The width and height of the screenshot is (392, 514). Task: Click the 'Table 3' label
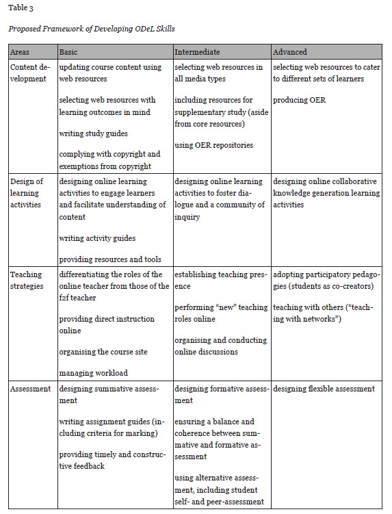(20, 8)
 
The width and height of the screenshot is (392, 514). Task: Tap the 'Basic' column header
(69, 52)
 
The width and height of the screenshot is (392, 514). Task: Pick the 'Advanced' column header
(290, 52)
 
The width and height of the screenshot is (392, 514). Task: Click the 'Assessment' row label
(31, 389)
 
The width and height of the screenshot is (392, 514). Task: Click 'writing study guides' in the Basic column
(93, 133)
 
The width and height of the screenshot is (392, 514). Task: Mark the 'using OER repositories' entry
(214, 145)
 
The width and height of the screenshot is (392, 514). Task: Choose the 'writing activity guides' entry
(97, 238)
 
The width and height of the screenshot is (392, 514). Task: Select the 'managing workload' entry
(93, 373)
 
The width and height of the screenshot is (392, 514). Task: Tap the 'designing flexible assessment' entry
(324, 389)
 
